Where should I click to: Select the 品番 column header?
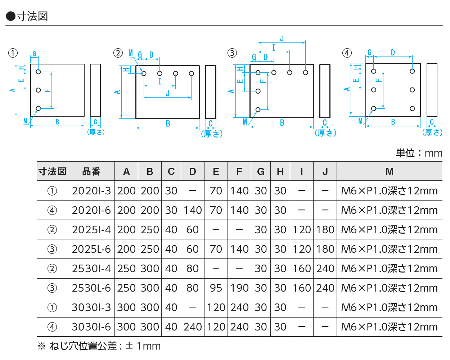pyautogui.click(x=91, y=172)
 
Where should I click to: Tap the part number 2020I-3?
pyautogui.click(x=91, y=191)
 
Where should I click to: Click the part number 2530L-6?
pyautogui.click(x=91, y=288)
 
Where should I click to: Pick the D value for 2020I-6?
pyautogui.click(x=193, y=210)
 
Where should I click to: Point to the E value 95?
pyautogui.click(x=216, y=288)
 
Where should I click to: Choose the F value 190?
pyautogui.click(x=239, y=288)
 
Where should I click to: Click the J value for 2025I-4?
pyautogui.click(x=325, y=230)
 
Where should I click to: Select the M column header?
pyautogui.click(x=390, y=172)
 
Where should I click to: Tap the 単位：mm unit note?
pyautogui.click(x=419, y=153)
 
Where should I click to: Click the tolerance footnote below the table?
pyautogui.click(x=99, y=346)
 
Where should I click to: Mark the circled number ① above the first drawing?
pyautogui.click(x=13, y=53)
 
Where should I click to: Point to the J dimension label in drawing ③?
pyautogui.click(x=282, y=38)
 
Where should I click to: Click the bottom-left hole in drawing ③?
pyautogui.click(x=258, y=109)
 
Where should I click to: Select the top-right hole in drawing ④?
pyautogui.click(x=412, y=71)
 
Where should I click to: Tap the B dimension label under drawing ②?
pyautogui.click(x=168, y=124)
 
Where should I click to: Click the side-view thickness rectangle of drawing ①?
pyautogui.click(x=95, y=90)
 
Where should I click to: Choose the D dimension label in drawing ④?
pyautogui.click(x=393, y=53)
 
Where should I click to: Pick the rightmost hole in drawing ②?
pyautogui.click(x=192, y=73)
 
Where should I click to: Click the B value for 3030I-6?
pyautogui.click(x=150, y=327)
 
